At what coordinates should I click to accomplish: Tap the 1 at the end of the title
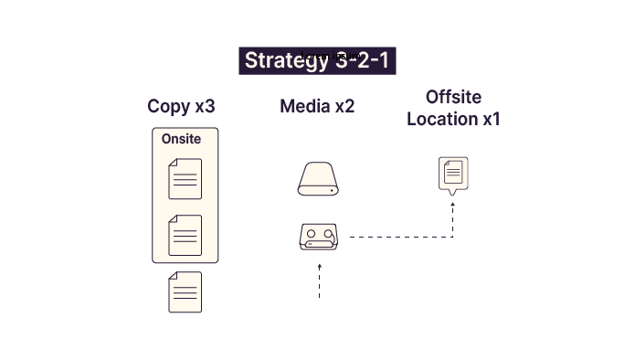coord(384,61)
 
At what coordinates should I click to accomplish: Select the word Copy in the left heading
coord(169,106)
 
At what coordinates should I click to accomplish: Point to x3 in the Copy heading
coord(206,106)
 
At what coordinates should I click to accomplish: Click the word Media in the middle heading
coord(304,106)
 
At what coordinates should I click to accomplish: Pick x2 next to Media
coord(344,106)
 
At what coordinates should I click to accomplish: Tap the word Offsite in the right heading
coord(453,97)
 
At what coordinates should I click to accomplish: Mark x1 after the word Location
coord(491,119)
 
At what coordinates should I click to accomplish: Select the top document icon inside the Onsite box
coord(185,178)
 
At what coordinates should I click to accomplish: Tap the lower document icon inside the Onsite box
coord(185,235)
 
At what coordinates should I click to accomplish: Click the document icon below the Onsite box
coord(185,292)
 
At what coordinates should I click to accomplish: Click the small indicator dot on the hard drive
coord(332,189)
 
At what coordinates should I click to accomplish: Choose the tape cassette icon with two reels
coord(319,236)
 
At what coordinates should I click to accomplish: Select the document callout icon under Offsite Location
coord(453,175)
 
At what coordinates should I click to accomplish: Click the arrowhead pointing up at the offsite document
coord(453,205)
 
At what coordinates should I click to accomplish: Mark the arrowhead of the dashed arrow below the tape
coord(319,266)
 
